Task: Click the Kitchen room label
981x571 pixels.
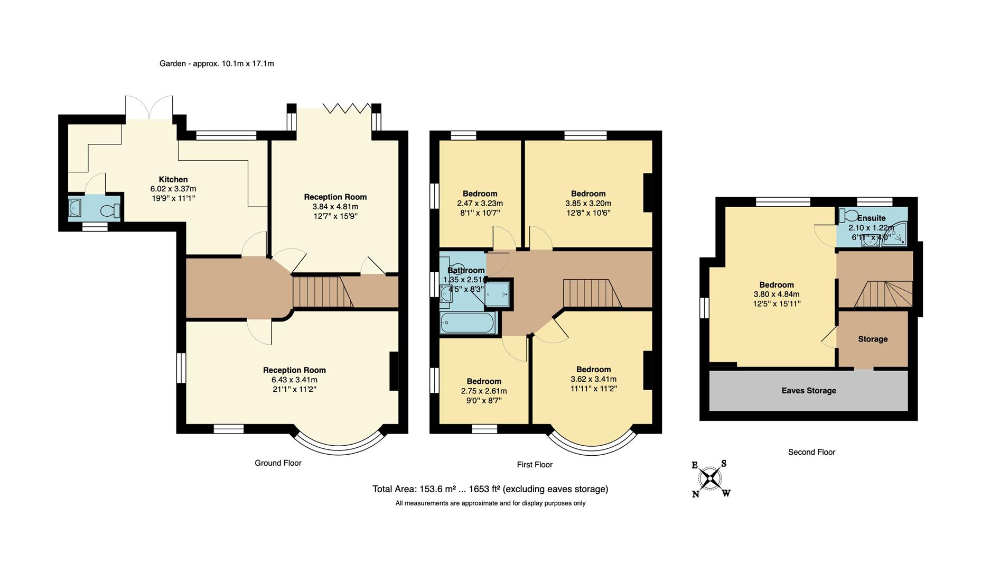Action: click(x=173, y=179)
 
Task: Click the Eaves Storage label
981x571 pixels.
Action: click(x=808, y=391)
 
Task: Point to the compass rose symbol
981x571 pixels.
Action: click(x=711, y=479)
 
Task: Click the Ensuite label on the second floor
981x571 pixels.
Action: click(x=871, y=218)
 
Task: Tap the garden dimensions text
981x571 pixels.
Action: click(x=217, y=63)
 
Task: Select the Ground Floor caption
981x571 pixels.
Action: click(x=278, y=463)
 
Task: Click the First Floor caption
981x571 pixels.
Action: click(x=535, y=465)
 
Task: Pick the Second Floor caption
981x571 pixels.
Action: click(x=811, y=452)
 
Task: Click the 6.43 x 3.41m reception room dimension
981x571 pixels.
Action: click(x=294, y=380)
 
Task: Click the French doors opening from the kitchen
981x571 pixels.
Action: click(x=149, y=108)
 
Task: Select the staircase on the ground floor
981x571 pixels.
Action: click(x=322, y=292)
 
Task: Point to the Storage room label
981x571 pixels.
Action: click(x=872, y=339)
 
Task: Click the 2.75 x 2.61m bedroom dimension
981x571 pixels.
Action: click(x=483, y=391)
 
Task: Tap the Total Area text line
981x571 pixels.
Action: click(x=490, y=489)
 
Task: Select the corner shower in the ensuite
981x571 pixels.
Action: click(x=898, y=236)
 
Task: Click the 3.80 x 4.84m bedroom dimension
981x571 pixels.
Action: click(x=776, y=294)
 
